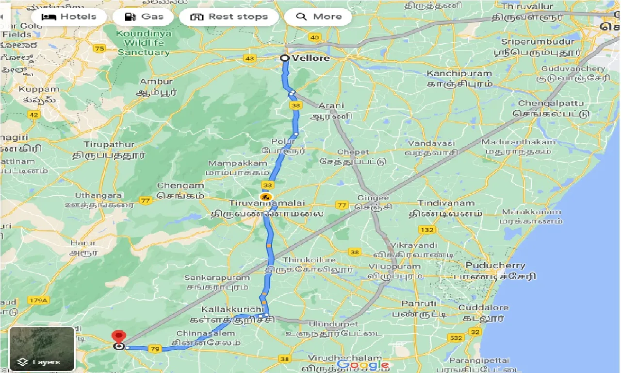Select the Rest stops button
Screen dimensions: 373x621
229,17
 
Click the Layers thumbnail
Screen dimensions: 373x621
42,349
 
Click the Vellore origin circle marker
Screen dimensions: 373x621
285,58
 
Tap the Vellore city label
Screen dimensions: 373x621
310,58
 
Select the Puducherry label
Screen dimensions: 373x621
495,266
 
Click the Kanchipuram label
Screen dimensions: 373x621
459,74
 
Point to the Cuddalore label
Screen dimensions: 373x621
483,307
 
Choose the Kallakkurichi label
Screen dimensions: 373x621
234,309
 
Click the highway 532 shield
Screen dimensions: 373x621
456,337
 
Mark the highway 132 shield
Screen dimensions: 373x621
427,229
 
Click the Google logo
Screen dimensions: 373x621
363,365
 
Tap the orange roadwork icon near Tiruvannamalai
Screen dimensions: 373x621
265,197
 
